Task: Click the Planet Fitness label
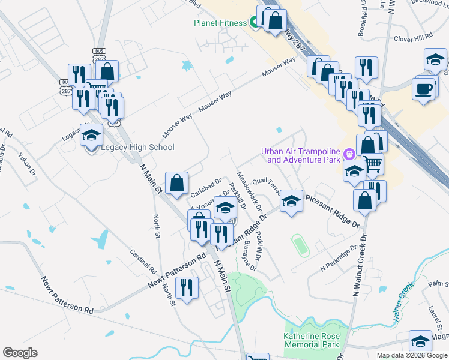point(220,23)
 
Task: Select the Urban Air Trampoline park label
point(300,155)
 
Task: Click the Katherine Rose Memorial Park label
point(311,340)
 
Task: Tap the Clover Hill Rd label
point(413,37)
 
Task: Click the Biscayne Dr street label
point(250,256)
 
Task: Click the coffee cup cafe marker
point(425,88)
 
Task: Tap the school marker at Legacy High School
point(92,136)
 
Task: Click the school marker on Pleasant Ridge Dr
point(291,201)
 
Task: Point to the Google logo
point(20,353)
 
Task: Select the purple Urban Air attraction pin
point(347,155)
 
